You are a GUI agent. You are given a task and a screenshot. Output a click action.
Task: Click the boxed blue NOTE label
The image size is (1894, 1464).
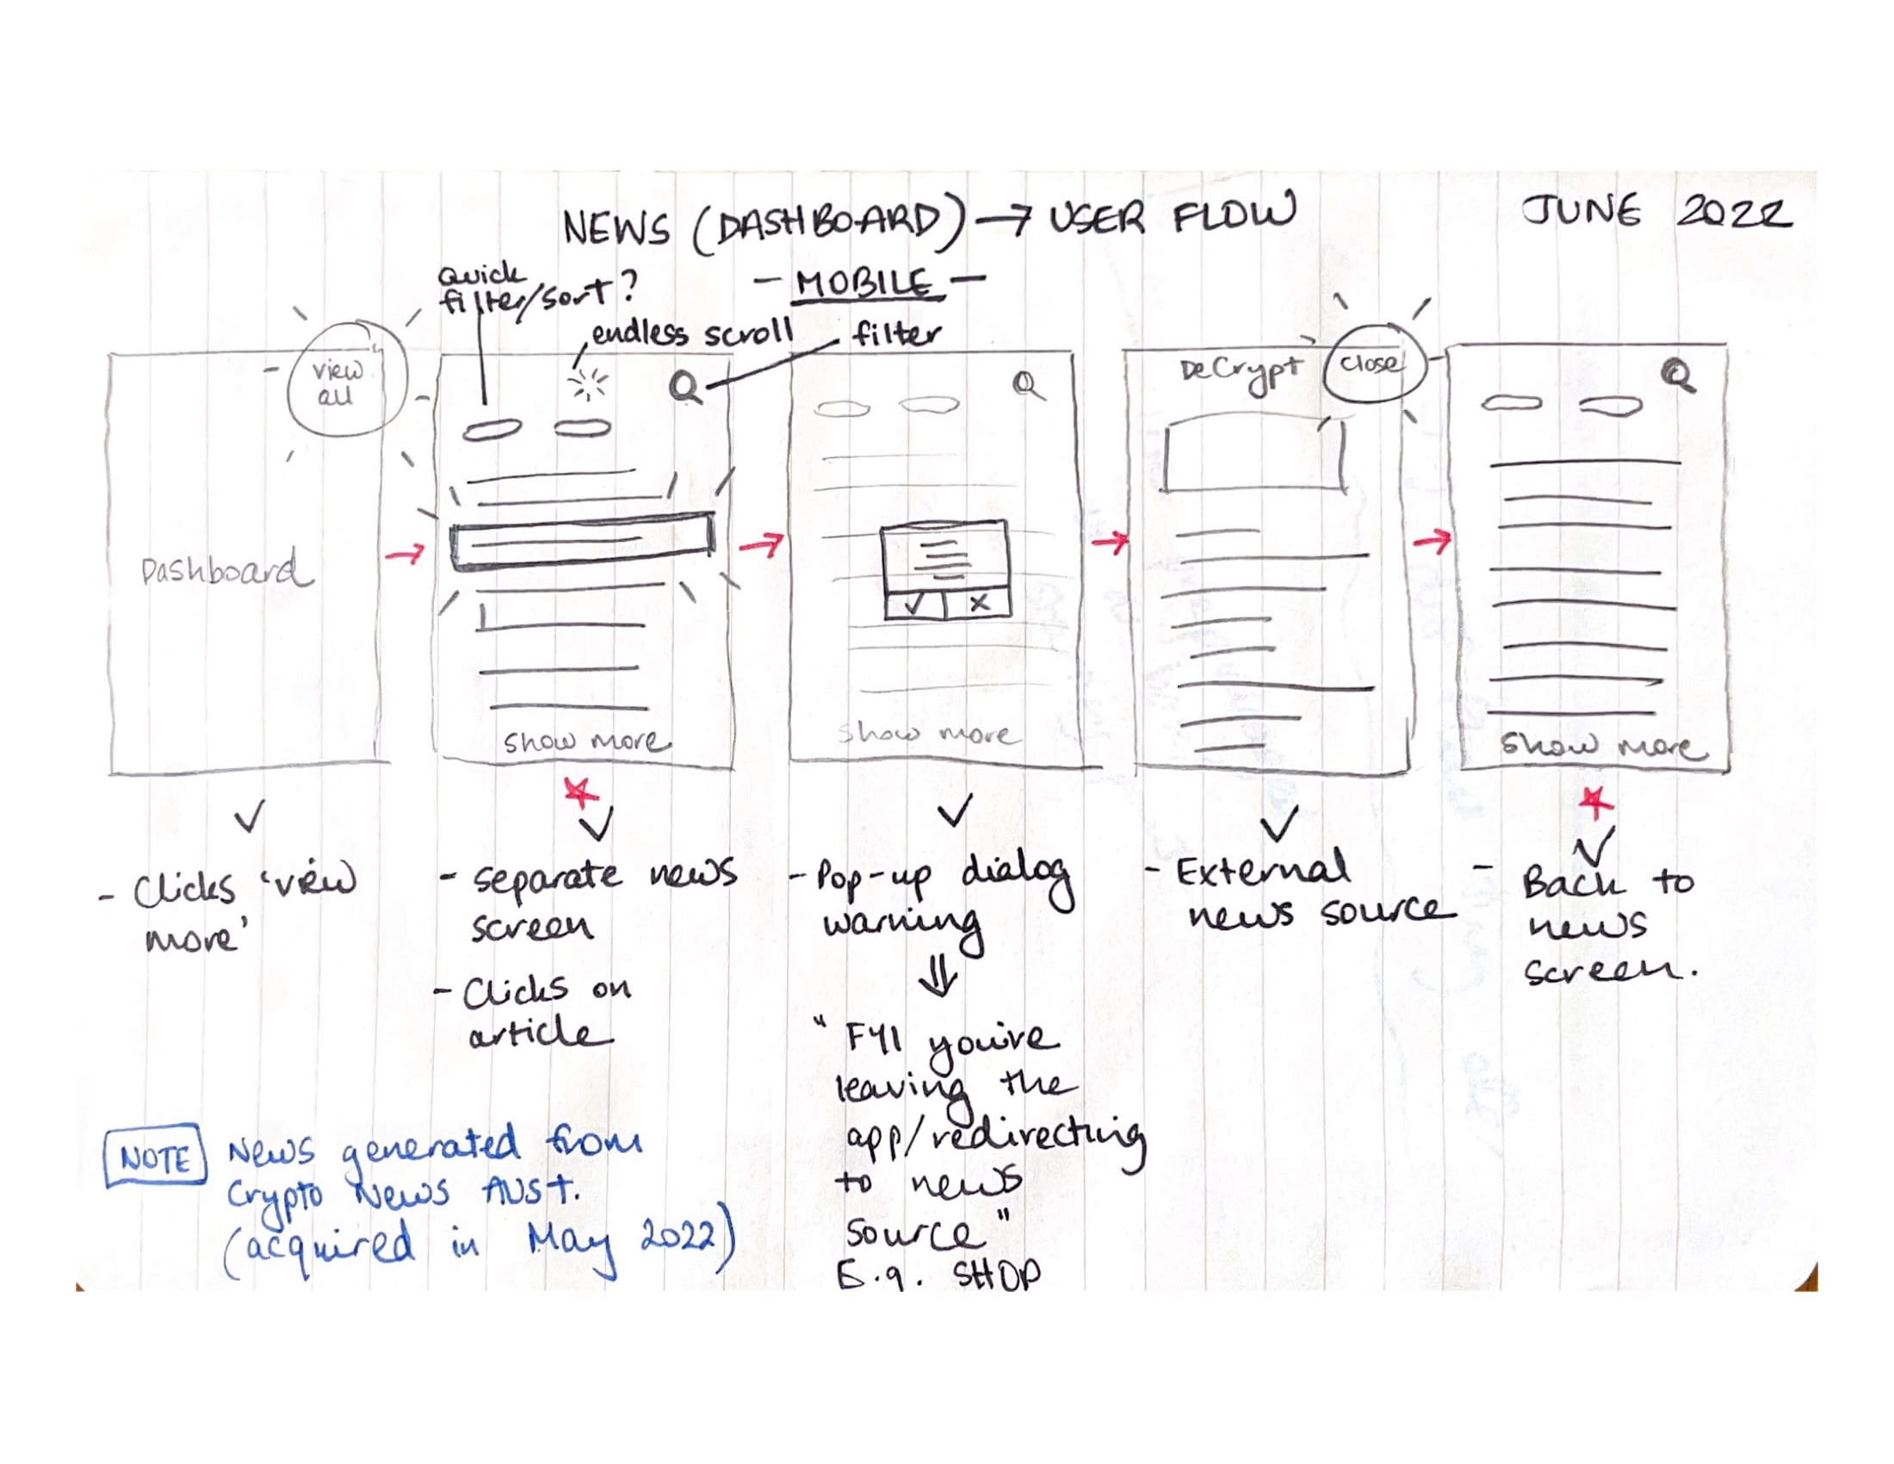(x=155, y=1158)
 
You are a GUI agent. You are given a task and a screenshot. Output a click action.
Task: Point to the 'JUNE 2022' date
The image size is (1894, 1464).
(x=1656, y=213)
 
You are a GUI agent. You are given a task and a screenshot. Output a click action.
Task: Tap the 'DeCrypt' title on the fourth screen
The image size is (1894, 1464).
(x=1240, y=372)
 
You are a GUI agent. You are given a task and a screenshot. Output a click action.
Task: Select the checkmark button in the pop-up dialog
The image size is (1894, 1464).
(x=914, y=604)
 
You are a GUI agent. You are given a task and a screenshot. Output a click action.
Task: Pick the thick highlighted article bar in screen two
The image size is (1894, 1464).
(x=582, y=541)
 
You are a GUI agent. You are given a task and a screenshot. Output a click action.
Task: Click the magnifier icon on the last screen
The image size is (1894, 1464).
(x=1680, y=376)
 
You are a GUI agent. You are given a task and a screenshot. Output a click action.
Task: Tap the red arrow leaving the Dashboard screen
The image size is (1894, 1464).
(x=405, y=553)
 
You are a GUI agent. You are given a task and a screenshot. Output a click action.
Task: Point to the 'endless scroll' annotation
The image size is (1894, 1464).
(x=691, y=334)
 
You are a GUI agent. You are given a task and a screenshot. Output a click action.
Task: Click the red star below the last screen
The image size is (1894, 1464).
(x=1595, y=803)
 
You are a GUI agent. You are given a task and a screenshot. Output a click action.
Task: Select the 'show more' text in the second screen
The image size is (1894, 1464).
(x=586, y=742)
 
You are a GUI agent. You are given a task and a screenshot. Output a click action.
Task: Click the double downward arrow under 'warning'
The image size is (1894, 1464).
(x=939, y=978)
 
